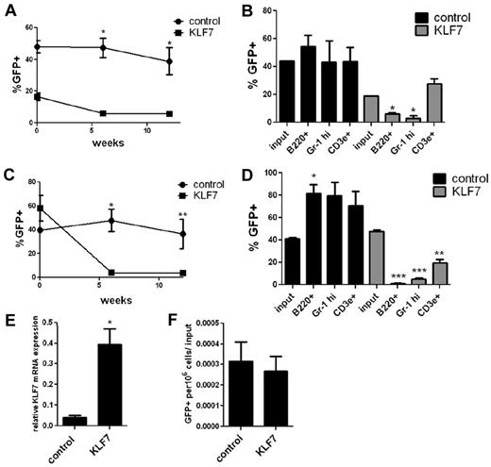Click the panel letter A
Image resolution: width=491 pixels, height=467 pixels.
[x=8, y=10]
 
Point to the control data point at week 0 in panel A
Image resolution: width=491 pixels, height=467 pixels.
[x=38, y=45]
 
